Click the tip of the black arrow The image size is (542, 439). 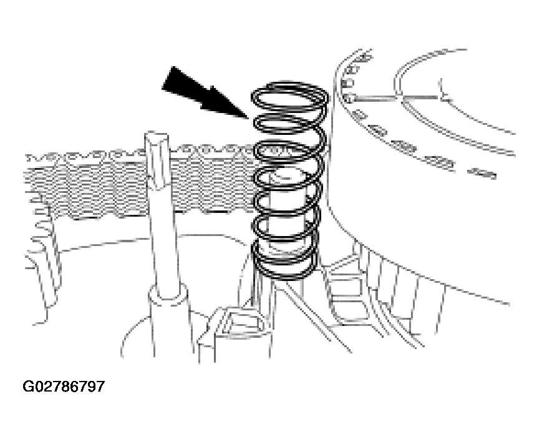point(248,119)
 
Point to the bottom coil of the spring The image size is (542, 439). point(286,264)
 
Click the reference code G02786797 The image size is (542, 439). point(64,387)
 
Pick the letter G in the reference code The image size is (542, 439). point(28,387)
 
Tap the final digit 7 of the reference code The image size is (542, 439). point(100,387)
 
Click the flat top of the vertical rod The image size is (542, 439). point(157,136)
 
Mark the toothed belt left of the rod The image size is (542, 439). point(87,184)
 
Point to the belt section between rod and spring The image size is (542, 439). point(213,179)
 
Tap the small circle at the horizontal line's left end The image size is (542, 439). point(349,99)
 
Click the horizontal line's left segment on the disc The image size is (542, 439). point(375,98)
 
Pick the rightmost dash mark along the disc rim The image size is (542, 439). point(482,172)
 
